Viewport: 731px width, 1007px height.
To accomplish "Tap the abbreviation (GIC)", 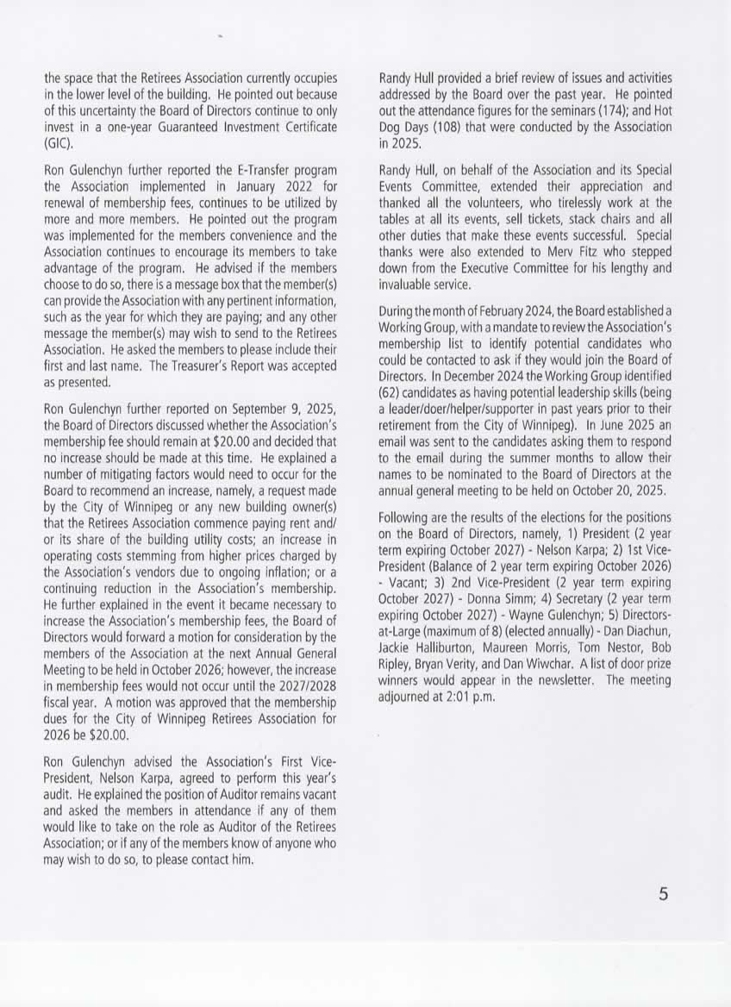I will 56,142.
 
